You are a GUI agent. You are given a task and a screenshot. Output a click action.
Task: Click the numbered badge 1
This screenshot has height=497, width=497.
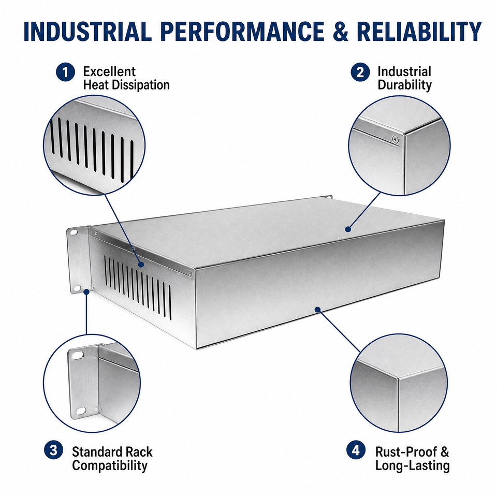point(65,72)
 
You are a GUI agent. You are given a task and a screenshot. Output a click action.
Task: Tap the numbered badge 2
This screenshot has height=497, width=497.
point(360,72)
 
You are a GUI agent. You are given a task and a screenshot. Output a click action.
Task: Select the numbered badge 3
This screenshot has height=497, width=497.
point(53,450)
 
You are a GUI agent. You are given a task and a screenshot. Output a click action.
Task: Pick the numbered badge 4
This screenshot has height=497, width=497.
point(356,450)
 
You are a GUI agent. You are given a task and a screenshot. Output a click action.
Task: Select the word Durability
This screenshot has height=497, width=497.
point(405,85)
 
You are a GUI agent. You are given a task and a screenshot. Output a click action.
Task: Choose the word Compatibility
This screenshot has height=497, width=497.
point(110,465)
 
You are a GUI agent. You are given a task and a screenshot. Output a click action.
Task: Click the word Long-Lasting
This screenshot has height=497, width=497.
point(413,465)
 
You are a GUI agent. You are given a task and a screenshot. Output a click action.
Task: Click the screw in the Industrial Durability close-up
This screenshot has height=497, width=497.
point(395,139)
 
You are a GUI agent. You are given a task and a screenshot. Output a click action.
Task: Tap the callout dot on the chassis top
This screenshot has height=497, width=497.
point(348,229)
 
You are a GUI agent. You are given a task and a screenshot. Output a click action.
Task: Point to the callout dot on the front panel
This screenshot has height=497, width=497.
point(317,309)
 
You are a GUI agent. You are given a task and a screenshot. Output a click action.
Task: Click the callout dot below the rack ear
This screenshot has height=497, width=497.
point(86,291)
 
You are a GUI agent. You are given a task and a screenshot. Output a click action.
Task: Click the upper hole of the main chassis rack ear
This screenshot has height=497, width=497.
point(74,232)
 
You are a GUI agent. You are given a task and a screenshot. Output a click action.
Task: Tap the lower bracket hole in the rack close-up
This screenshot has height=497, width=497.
point(80,411)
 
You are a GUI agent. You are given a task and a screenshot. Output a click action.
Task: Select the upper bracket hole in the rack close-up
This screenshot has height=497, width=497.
point(77,355)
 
